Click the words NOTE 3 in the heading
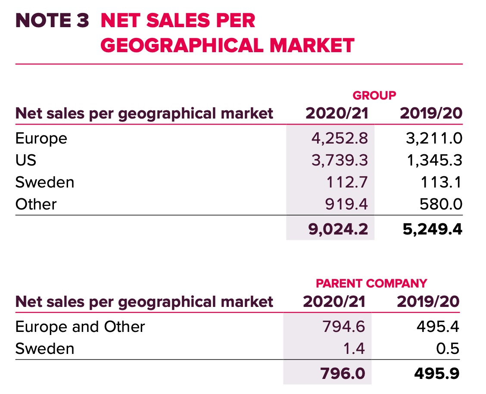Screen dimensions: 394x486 coord(52,21)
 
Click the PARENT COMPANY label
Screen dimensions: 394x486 coord(371,283)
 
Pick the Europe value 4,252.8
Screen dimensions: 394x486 coord(340,138)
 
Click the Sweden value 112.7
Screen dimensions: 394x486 coord(347,182)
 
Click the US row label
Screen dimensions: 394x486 coord(26,160)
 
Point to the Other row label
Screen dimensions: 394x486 coord(36,203)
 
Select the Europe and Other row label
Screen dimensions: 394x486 coord(80,326)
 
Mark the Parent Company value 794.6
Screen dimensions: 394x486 coord(343,326)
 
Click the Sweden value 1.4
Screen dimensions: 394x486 coord(355,348)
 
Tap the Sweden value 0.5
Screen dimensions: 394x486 coord(448,348)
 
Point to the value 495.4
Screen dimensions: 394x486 coord(437,326)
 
